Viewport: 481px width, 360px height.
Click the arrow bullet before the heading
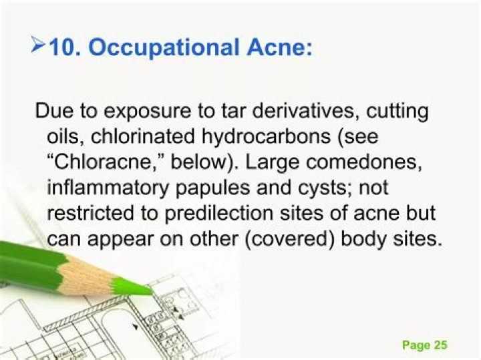click(38, 47)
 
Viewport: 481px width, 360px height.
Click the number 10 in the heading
click(64, 48)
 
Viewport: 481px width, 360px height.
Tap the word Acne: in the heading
click(279, 48)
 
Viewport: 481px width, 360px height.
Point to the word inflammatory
click(106, 189)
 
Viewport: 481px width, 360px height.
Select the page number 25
click(440, 345)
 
